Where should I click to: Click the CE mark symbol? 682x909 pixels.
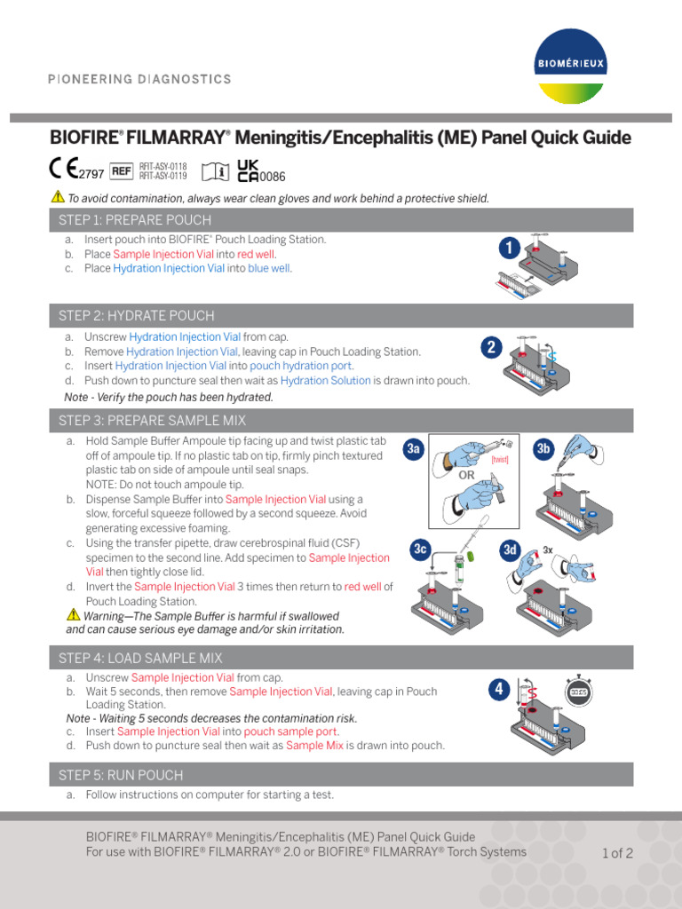pos(61,168)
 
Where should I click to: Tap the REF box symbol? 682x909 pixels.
pos(121,170)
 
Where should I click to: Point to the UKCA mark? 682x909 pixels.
pos(248,170)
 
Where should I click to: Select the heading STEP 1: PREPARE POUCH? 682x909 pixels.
pos(135,220)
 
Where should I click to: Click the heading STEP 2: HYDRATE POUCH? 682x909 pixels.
pos(136,316)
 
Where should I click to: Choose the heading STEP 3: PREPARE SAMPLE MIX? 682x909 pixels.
pos(153,421)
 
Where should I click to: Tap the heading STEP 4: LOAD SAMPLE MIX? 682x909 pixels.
pos(140,658)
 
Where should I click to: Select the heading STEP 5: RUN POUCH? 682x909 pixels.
pos(121,775)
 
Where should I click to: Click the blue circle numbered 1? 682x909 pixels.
pos(508,249)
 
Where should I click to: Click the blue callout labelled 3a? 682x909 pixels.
pos(413,450)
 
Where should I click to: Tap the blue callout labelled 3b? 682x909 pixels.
pos(543,450)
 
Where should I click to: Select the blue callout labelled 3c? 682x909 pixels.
pos(421,550)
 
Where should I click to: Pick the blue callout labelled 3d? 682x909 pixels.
pos(510,550)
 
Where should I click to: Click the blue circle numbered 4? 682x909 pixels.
pos(500,689)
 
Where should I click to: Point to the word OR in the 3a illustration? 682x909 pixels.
pos(467,475)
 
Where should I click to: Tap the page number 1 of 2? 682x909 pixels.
pos(617,854)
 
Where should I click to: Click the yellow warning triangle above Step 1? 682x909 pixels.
pos(58,197)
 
